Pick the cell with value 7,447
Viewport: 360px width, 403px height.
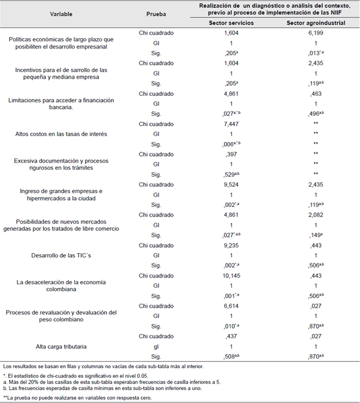pos(231,123)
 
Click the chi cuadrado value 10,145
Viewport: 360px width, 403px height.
pos(231,275)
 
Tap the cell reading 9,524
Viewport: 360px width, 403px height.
pos(231,184)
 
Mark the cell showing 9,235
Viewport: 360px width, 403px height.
pos(231,245)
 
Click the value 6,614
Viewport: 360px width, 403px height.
pos(231,305)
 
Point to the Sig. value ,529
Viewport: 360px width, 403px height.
pos(231,175)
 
